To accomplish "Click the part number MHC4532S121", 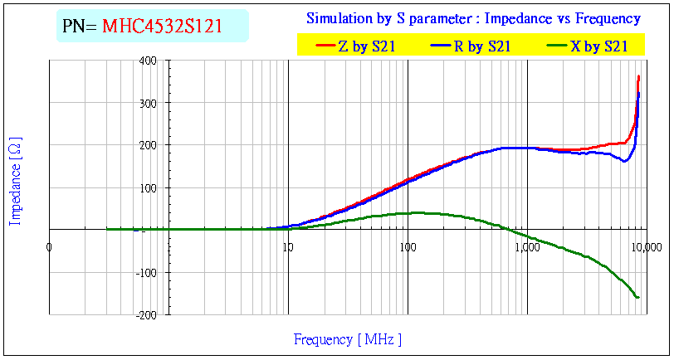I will click(x=162, y=26).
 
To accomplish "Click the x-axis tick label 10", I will click(x=287, y=246).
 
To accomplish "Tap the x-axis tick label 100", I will click(x=407, y=246).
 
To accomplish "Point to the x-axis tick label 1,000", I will click(x=526, y=246).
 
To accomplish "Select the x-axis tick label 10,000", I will click(x=646, y=246).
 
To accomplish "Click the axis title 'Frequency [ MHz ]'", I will click(x=348, y=339).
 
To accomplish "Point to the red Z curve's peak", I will click(x=638, y=76).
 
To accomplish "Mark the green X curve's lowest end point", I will click(x=637, y=297).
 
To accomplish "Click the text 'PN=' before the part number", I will click(x=80, y=26).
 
